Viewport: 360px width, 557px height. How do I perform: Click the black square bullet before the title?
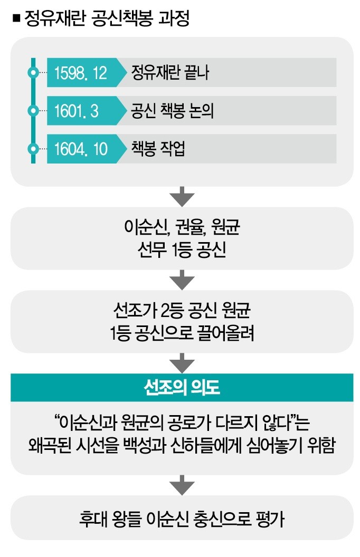click(x=16, y=18)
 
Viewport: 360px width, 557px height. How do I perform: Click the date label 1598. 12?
click(x=81, y=73)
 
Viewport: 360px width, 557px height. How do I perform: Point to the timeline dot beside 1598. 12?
click(x=33, y=73)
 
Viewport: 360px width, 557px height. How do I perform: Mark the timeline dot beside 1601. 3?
click(x=33, y=111)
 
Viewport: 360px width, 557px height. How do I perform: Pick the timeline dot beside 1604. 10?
click(x=33, y=149)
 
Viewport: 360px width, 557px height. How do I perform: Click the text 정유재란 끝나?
click(x=170, y=72)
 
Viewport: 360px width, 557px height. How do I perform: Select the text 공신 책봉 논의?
click(x=173, y=110)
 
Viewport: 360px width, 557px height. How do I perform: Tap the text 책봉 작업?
click(x=158, y=149)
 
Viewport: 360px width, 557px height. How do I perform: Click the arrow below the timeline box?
click(x=182, y=196)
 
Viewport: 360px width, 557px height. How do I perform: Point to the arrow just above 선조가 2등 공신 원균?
click(x=182, y=280)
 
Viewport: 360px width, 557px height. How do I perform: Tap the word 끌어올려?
click(x=226, y=333)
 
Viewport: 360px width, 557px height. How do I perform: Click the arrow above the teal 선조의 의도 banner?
click(x=182, y=363)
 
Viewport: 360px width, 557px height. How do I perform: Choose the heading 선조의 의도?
click(x=182, y=387)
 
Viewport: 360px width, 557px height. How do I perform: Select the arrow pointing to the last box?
click(x=182, y=485)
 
